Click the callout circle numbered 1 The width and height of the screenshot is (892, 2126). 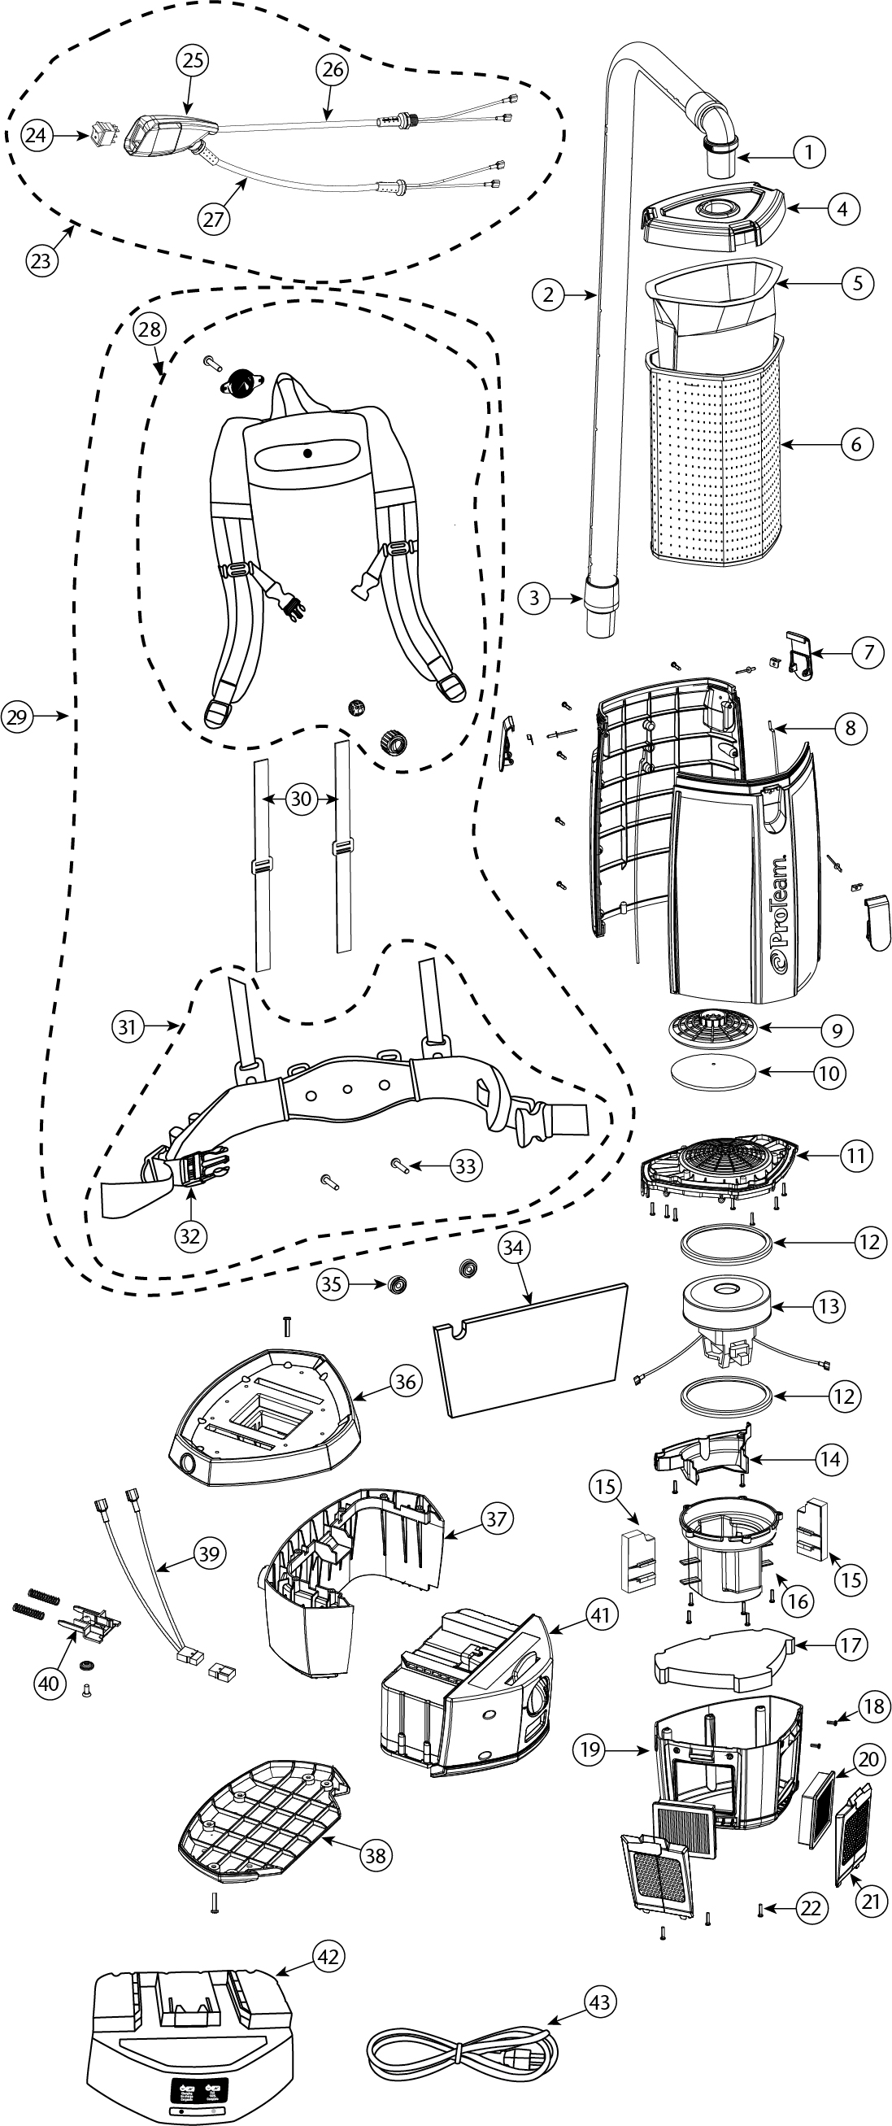pos(809,152)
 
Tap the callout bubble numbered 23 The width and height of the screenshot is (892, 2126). pos(41,262)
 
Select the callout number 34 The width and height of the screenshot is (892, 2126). pos(512,1248)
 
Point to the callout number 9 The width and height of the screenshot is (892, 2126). pos(838,1030)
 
